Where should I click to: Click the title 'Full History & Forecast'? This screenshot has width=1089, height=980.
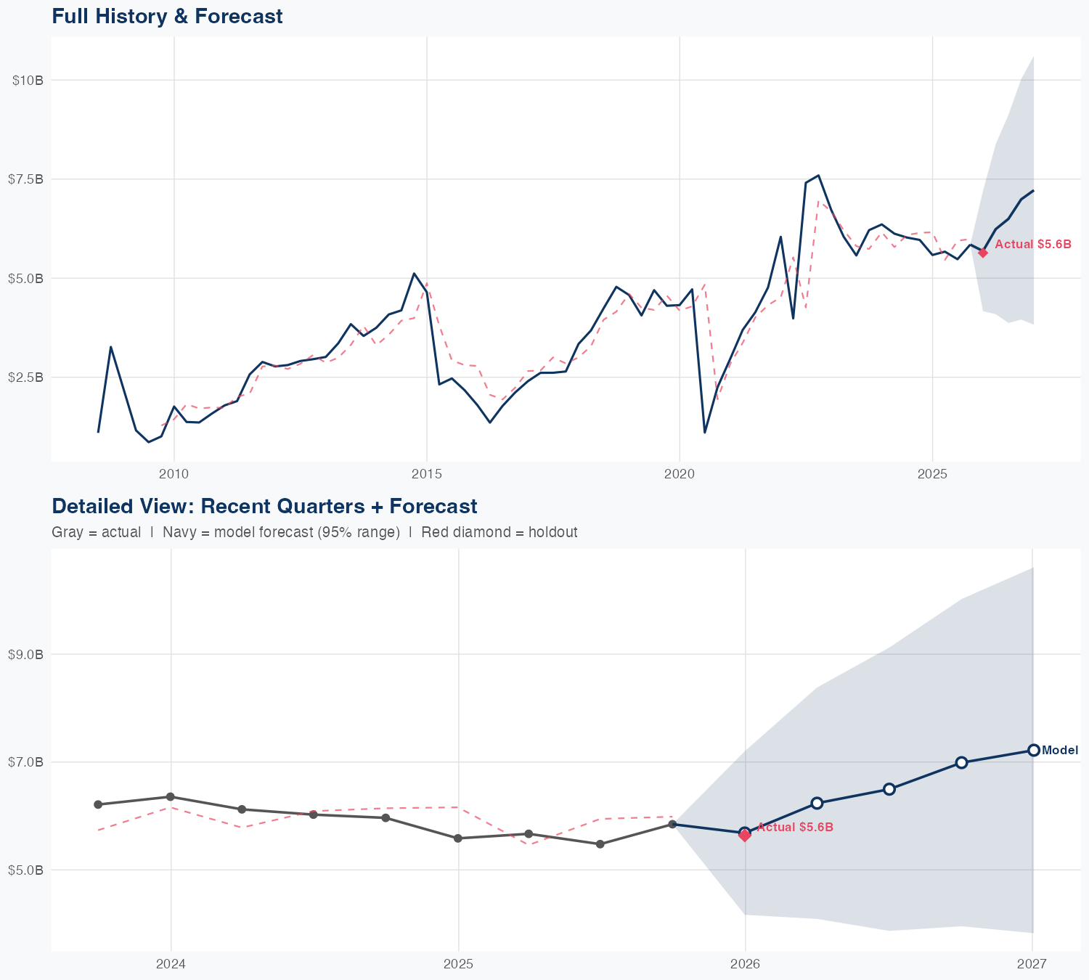pos(167,16)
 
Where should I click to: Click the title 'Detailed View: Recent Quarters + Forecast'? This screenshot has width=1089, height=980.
pos(264,506)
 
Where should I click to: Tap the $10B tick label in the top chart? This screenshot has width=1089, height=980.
pos(28,80)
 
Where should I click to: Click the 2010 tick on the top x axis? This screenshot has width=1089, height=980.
pos(174,474)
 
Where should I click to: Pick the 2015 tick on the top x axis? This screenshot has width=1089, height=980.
pos(426,474)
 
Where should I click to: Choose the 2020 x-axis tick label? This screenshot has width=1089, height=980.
pos(680,474)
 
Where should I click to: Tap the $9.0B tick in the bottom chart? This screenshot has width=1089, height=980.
pos(25,655)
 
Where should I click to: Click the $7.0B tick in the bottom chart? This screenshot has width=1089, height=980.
pos(25,762)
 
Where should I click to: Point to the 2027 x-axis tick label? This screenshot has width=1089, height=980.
pos(1032,964)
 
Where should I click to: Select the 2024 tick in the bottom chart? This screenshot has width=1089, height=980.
pos(171,964)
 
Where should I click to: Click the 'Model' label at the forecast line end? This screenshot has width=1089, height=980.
pos(1060,751)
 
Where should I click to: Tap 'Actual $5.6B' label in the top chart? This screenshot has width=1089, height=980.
pos(1032,245)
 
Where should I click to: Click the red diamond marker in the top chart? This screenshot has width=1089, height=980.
pos(982,253)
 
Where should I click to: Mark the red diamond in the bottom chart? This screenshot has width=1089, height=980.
pos(745,836)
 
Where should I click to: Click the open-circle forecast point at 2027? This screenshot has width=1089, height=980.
pos(1033,750)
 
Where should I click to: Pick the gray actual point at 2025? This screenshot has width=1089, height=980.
pos(458,838)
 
